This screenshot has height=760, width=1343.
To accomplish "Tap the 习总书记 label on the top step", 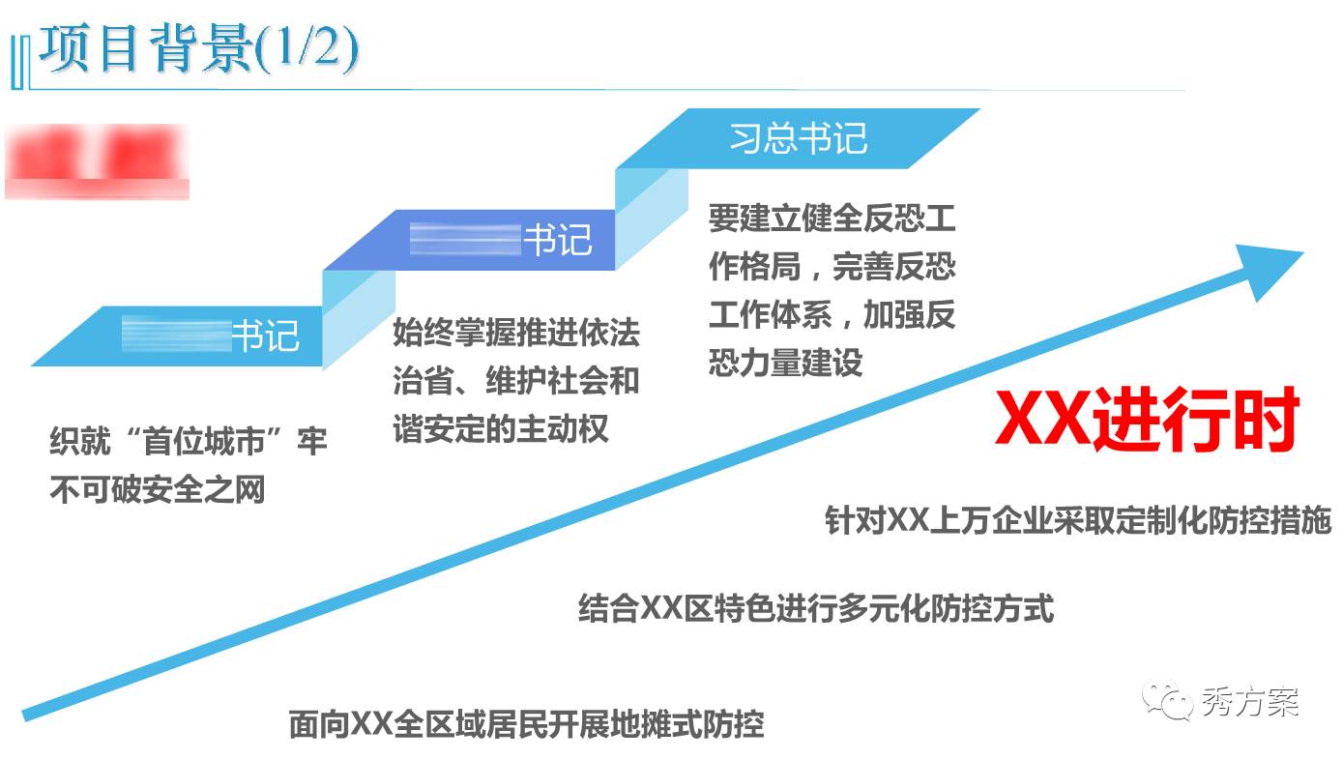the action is tap(798, 138).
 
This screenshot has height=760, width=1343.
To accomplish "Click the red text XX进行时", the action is tap(1147, 422).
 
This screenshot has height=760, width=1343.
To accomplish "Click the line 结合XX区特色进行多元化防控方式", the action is tap(815, 608).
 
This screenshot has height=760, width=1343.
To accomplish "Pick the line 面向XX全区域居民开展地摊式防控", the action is tap(526, 723).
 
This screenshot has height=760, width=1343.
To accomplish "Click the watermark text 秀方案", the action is tap(1250, 701).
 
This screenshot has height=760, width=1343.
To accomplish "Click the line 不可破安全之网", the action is tap(157, 490).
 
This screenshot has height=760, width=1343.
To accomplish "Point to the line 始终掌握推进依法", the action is tap(515, 334).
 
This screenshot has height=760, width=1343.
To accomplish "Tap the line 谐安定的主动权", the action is tap(500, 427).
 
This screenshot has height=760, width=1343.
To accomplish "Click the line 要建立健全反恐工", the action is tap(832, 219).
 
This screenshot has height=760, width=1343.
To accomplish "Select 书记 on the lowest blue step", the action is tap(265, 336).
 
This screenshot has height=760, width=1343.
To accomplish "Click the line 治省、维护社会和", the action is tap(515, 380).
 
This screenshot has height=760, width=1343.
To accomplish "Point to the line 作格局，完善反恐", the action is tap(832, 266).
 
